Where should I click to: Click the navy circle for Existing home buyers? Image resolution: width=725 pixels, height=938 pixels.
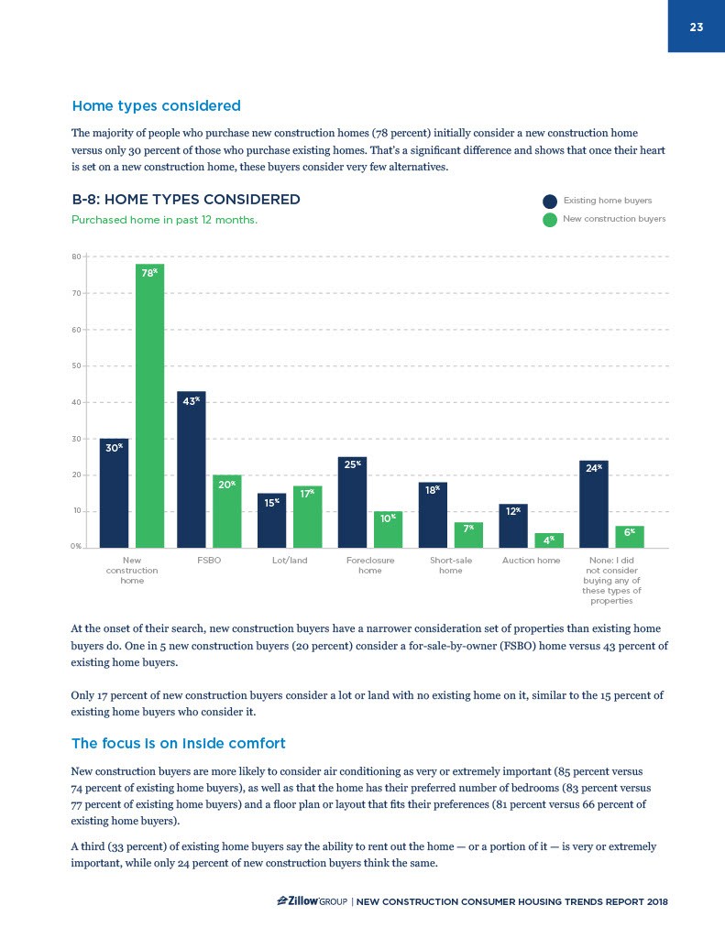pyautogui.click(x=550, y=202)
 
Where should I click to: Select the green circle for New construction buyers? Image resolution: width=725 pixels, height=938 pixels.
pyautogui.click(x=550, y=220)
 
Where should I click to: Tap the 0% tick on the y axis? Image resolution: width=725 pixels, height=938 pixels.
pyautogui.click(x=76, y=547)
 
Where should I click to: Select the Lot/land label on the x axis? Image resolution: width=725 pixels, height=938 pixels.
pyautogui.click(x=290, y=560)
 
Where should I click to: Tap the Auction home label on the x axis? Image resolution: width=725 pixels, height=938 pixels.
pyautogui.click(x=532, y=560)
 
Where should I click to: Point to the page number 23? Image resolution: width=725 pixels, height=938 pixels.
pyautogui.click(x=696, y=27)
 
